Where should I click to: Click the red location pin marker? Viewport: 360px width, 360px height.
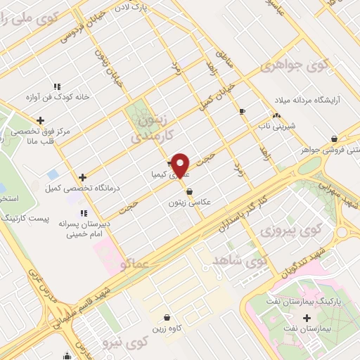181,165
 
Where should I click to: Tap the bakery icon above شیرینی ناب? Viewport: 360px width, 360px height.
276,116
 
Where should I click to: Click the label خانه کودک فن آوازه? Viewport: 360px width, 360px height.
58,97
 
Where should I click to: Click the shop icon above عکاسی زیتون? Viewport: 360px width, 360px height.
189,191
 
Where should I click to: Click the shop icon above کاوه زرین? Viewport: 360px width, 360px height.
166,318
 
